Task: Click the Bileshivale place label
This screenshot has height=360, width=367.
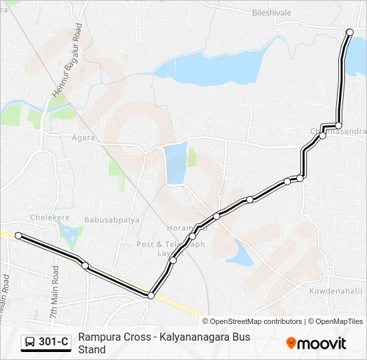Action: [273, 12]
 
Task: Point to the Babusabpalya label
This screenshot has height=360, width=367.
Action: [109, 217]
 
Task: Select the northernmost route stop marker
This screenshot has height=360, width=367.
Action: [350, 32]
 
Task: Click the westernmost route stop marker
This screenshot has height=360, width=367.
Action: [19, 235]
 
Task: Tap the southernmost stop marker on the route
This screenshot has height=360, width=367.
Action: [151, 295]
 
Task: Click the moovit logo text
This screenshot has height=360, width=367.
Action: [322, 343]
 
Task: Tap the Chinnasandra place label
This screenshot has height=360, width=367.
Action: [338, 131]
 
